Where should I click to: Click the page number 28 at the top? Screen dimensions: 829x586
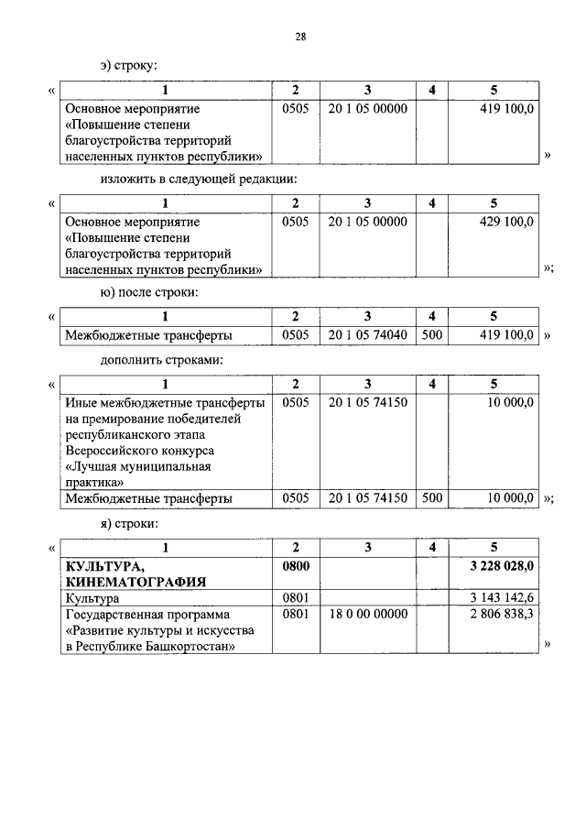[300, 37]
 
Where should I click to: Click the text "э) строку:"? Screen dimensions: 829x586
[129, 66]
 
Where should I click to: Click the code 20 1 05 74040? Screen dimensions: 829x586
[366, 335]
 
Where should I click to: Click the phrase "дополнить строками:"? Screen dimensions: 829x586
[162, 360]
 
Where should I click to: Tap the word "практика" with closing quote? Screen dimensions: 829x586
[94, 481]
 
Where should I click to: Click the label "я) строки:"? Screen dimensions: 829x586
[129, 523]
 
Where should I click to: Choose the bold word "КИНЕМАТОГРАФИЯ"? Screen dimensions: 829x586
[135, 581]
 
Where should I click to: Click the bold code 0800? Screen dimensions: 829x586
[296, 566]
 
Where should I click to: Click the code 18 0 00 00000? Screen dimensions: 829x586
[366, 615]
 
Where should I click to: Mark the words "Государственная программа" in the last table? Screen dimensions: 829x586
[146, 615]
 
